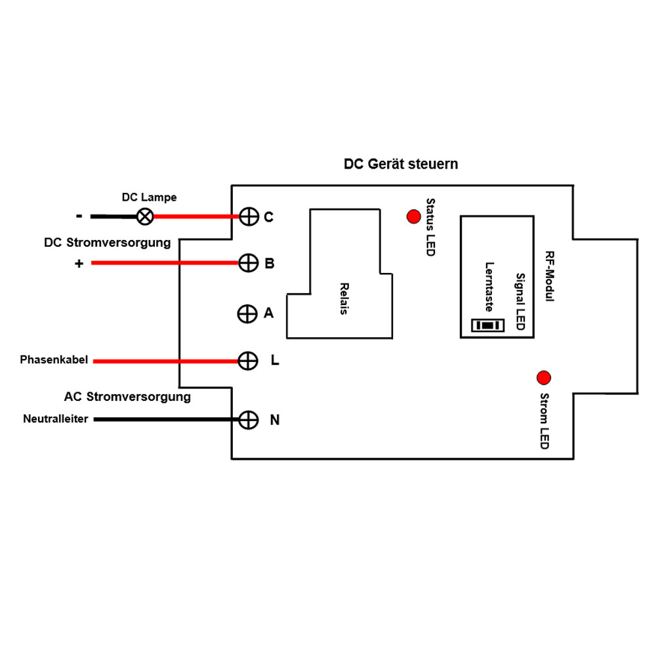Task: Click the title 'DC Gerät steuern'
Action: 401,164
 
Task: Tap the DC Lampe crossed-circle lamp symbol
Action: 144,216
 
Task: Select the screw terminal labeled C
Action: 248,216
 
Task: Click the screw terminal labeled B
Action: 247,263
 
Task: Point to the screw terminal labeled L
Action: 247,360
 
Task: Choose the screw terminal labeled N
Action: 247,420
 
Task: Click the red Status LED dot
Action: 413,216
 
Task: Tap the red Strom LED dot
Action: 544,378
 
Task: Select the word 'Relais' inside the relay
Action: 343,298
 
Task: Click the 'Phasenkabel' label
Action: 54,360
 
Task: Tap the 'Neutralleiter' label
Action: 56,419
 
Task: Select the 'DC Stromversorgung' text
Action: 107,243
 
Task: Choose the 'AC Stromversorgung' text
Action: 127,397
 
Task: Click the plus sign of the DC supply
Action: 79,264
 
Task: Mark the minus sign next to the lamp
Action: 79,215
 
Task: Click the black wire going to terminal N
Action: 164,419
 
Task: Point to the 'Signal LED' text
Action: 520,302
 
